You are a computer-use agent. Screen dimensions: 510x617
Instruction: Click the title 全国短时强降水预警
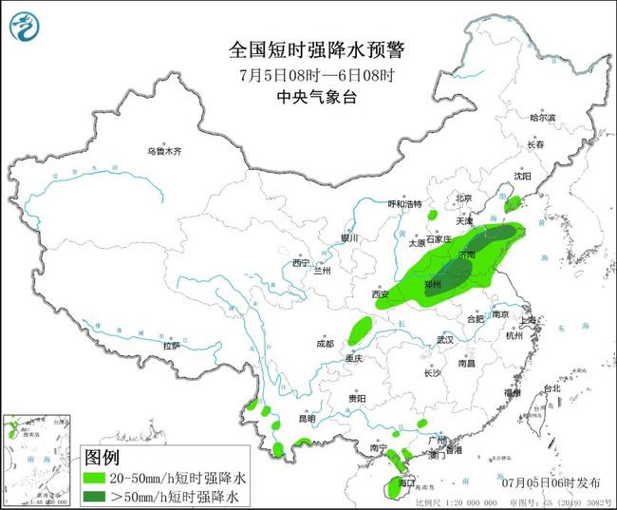click(x=308, y=49)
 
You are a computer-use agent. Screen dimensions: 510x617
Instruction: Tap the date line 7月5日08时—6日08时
click(x=308, y=74)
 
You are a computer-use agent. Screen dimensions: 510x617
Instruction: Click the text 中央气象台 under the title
click(x=308, y=96)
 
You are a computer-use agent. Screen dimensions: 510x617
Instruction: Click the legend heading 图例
click(x=104, y=458)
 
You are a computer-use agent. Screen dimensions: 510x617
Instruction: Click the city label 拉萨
click(x=171, y=346)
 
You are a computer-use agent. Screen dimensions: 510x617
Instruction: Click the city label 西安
click(x=381, y=294)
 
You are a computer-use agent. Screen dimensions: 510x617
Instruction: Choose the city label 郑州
click(x=435, y=284)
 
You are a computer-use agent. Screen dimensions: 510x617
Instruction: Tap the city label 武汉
click(x=447, y=339)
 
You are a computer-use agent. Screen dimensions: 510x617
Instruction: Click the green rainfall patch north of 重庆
click(x=360, y=331)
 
